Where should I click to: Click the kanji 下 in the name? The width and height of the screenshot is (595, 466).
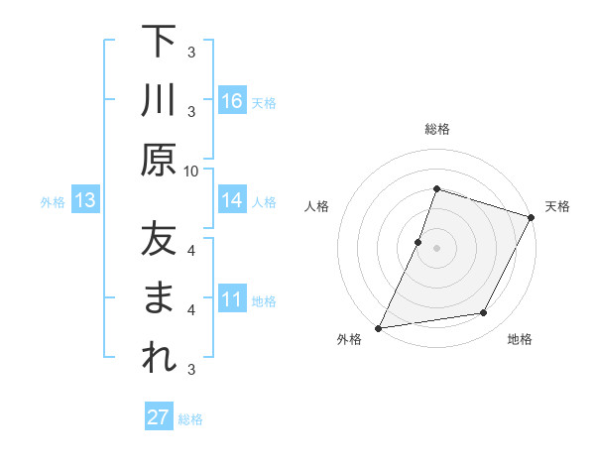[159, 42]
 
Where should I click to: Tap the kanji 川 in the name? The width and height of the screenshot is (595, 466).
[159, 100]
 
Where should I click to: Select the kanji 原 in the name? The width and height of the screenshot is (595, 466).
[159, 159]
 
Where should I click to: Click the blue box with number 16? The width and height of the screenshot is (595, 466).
[232, 101]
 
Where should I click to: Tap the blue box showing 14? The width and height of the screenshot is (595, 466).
[232, 200]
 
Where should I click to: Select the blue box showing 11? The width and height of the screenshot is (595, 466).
[232, 299]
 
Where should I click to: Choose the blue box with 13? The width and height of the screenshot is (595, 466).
[85, 201]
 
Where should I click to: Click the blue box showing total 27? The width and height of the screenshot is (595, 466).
[159, 417]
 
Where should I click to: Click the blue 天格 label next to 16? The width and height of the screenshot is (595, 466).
[264, 102]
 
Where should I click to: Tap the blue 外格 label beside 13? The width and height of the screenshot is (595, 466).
[53, 202]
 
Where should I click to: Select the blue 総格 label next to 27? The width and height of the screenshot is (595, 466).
[190, 418]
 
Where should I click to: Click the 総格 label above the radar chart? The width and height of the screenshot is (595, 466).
[436, 129]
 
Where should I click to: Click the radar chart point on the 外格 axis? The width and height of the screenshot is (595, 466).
[378, 328]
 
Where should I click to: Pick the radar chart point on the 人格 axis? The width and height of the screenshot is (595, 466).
[418, 242]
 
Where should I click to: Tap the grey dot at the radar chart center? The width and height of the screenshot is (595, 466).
[436, 248]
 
